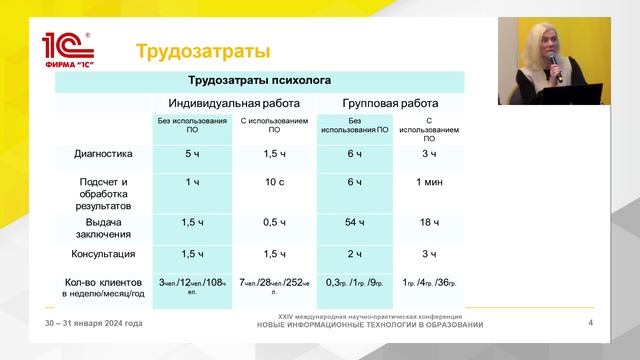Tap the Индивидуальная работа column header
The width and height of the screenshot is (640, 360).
point(233,102)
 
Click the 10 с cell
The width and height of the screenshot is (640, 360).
point(273,182)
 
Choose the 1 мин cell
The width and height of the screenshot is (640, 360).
point(428,182)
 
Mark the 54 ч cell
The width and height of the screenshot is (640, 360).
point(353,221)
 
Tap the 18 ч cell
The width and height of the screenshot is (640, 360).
point(428,221)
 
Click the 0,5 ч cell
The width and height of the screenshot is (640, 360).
point(273,221)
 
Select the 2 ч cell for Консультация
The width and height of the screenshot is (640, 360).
point(353,254)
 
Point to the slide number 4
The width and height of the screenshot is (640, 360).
point(591,322)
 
